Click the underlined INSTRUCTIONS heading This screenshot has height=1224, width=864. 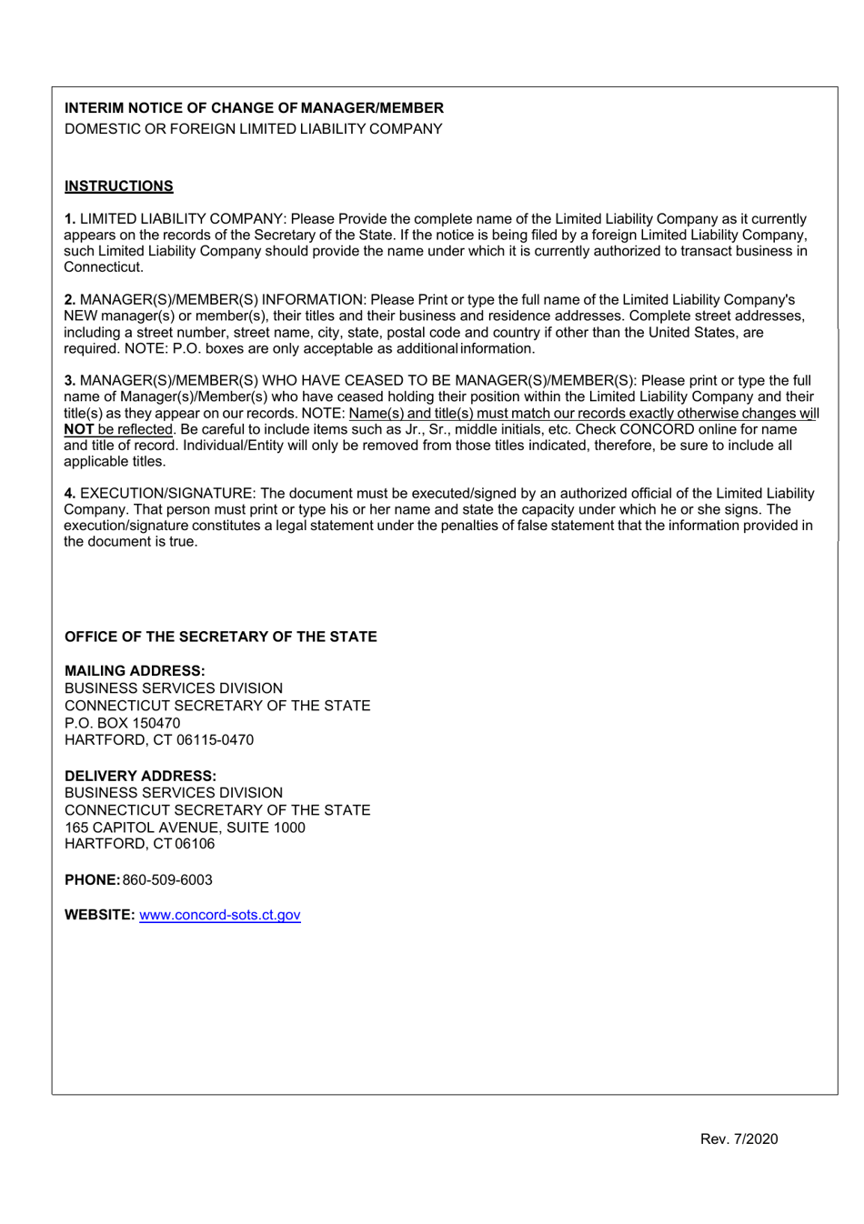coord(118,186)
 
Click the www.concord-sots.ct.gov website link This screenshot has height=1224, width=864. coord(219,915)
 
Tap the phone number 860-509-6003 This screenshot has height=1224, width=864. coord(167,880)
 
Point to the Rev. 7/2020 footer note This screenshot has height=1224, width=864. coord(738,1139)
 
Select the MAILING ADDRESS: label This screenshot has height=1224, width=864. coord(135,671)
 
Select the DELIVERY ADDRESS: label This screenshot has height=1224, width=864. coord(140,776)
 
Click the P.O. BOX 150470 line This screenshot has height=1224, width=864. coord(122,723)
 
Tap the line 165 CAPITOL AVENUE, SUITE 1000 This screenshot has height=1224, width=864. coord(185,828)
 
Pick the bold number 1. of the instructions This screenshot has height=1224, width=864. coord(70,219)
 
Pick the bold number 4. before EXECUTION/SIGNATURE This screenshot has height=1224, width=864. coord(70,494)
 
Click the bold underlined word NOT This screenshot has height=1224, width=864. coord(79,429)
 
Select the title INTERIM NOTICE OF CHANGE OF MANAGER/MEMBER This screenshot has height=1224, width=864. coord(254,107)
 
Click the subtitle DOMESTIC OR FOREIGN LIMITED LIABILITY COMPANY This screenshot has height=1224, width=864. coord(253,129)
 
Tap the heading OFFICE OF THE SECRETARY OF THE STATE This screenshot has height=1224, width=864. coord(220,637)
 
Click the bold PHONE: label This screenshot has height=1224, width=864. coord(92,880)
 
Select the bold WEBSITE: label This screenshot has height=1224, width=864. coord(99,915)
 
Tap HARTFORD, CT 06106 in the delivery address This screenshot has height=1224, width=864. coord(139,844)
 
